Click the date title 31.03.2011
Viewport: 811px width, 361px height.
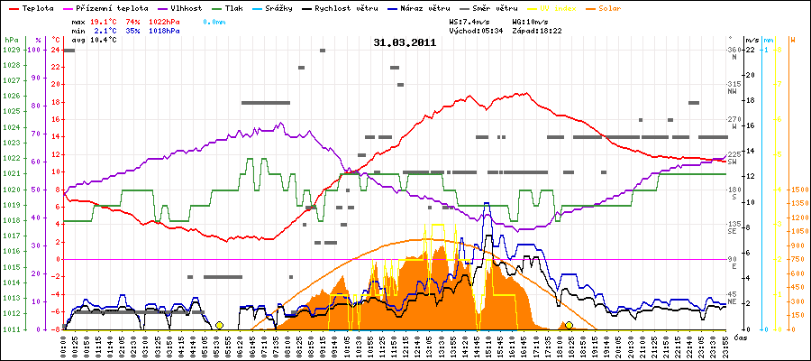click(405, 42)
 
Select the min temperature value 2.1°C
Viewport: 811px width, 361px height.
click(105, 30)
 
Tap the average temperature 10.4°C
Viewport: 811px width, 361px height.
click(105, 41)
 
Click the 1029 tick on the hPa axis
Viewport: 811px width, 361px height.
click(12, 51)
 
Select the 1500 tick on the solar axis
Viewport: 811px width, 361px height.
click(799, 190)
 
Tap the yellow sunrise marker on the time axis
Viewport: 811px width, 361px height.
click(219, 325)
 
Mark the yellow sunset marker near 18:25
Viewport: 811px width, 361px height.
click(569, 325)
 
